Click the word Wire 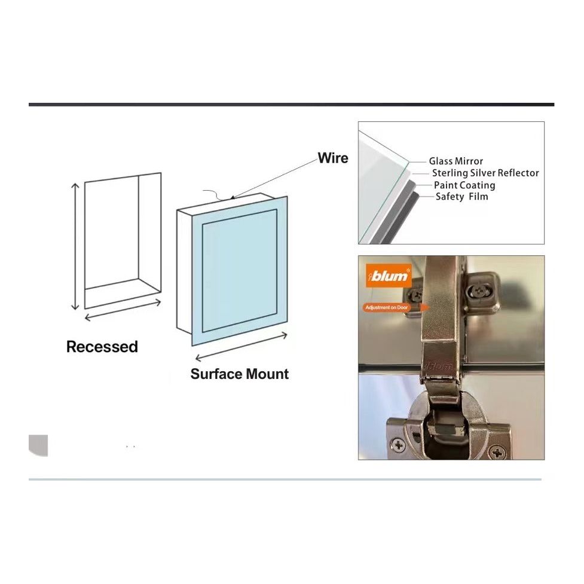(332, 158)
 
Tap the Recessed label (102, 347)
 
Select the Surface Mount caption (239, 374)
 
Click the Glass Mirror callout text (455, 161)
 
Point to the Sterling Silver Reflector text (485, 173)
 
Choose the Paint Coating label (464, 185)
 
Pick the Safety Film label (461, 197)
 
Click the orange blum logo (389, 276)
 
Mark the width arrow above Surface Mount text (241, 347)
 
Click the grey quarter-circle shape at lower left (38, 445)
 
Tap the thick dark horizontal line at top (291, 105)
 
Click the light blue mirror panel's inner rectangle (239, 270)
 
